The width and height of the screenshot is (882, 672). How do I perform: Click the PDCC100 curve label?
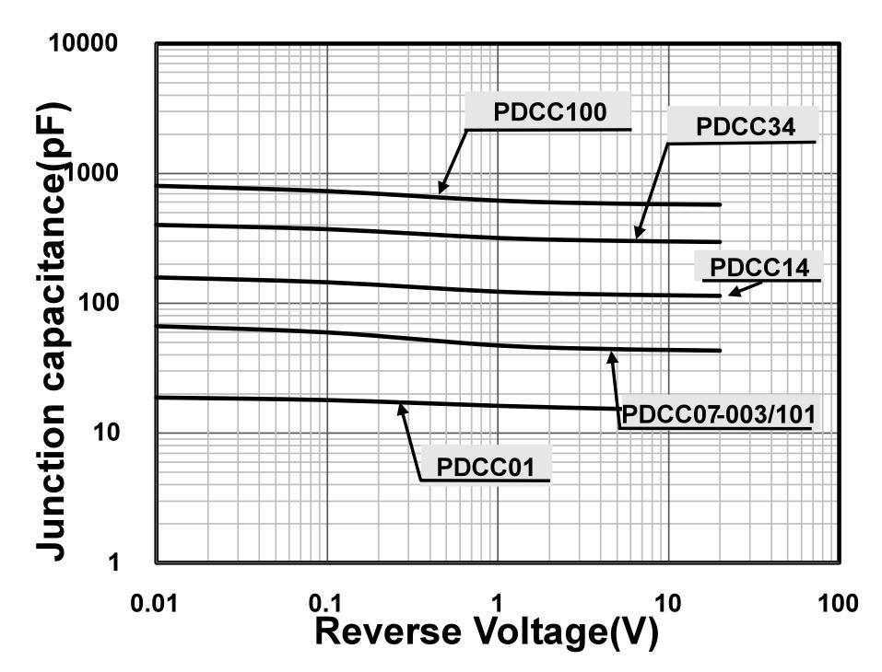(549, 112)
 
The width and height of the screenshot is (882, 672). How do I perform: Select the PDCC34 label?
(744, 127)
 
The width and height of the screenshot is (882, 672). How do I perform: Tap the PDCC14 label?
(760, 268)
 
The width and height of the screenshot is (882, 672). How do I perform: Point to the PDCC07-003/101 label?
(716, 415)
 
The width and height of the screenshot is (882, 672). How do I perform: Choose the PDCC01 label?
(485, 467)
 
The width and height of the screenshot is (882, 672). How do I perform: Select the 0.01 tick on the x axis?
(154, 604)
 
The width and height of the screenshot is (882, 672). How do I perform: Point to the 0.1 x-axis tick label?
(326, 604)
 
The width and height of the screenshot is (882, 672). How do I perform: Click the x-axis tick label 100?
(838, 604)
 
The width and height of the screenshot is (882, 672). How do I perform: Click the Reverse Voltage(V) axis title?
(487, 633)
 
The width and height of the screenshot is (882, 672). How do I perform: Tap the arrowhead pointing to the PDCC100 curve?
(441, 189)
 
